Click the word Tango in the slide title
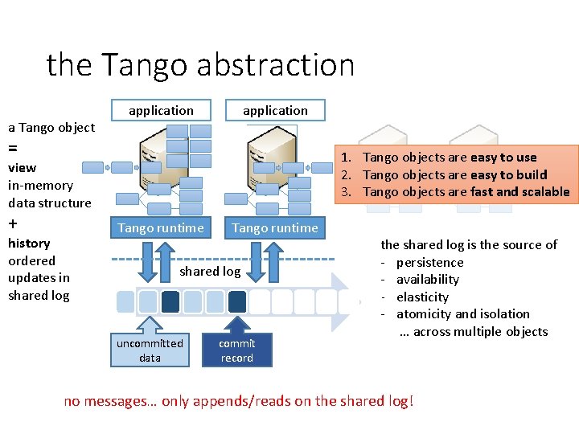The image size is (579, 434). tap(147, 64)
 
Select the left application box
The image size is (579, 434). tap(161, 110)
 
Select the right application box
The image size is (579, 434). tap(275, 110)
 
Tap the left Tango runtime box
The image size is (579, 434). tap(161, 227)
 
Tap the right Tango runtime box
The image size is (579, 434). tap(275, 227)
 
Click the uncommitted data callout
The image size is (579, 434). tap(150, 350)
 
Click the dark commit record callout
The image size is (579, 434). tap(237, 350)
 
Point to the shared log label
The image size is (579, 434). tap(210, 271)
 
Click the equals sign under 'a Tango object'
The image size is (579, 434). tap(13, 149)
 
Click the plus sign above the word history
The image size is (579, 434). tap(13, 223)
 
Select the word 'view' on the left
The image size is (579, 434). tap(22, 167)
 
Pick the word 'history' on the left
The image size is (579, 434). tap(29, 243)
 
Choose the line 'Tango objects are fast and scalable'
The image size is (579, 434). tap(466, 191)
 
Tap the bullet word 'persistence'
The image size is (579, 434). tap(429, 262)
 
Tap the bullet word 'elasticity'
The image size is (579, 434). tap(422, 297)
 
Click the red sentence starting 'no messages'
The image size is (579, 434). tap(239, 400)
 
